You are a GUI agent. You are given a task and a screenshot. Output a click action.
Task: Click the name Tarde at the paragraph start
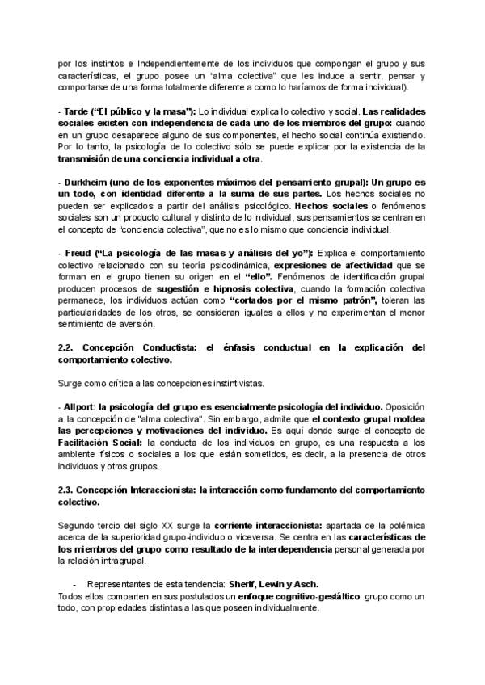tap(74, 110)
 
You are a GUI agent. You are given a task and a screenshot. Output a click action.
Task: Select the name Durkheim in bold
tap(85, 183)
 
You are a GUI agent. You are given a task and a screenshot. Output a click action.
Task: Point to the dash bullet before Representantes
tap(75, 585)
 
